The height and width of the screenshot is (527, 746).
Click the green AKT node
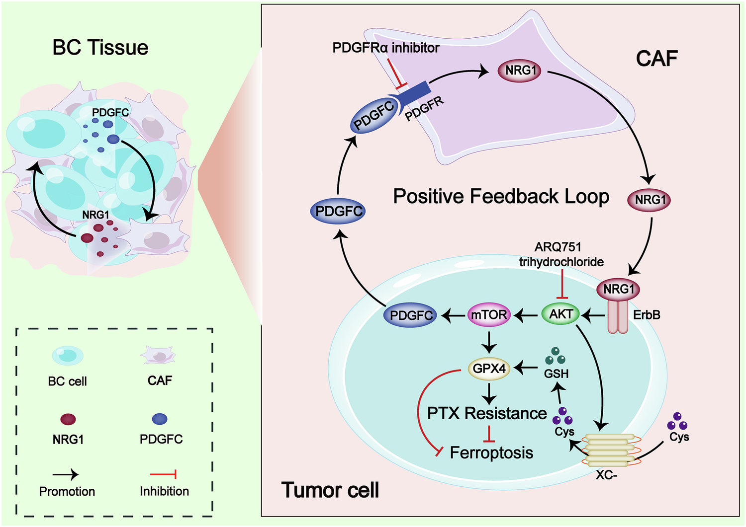(561, 314)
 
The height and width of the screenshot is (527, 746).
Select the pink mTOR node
(489, 315)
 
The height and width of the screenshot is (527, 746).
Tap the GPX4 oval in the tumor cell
(489, 369)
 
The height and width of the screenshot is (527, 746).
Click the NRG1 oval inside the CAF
(521, 71)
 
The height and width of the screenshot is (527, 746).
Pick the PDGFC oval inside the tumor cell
(411, 315)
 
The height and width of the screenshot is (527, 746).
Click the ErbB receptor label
(647, 315)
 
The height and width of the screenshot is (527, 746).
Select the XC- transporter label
(606, 475)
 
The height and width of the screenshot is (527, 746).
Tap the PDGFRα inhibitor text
(385, 48)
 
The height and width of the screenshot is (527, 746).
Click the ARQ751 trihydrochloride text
(561, 254)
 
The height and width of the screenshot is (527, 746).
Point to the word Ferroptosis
(491, 452)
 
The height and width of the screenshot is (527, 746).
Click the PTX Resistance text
(487, 413)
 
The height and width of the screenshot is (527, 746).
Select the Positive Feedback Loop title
(501, 197)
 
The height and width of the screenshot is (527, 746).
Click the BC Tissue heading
(100, 48)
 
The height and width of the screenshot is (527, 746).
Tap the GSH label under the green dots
(556, 374)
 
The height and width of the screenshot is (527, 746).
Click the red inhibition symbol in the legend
(164, 475)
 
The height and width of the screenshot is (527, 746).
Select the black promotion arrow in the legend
(66, 475)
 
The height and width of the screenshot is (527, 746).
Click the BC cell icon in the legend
(68, 355)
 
